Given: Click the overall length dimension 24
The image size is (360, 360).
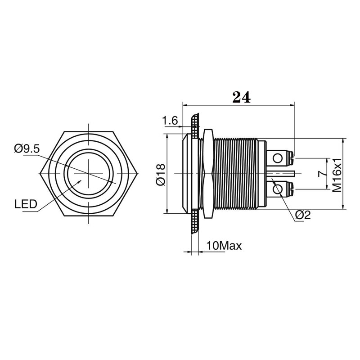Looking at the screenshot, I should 241,97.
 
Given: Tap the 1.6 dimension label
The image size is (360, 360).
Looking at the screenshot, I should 171,120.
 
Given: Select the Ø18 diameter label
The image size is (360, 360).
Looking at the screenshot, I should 161,174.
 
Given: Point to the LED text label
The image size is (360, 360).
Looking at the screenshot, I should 25,205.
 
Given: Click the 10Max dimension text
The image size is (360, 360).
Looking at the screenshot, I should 224,246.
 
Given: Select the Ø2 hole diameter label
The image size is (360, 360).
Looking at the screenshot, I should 303,216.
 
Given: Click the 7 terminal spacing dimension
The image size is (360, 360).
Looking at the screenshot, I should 320,174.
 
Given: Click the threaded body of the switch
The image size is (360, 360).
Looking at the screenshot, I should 234,174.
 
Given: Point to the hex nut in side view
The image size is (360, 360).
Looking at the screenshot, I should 207,174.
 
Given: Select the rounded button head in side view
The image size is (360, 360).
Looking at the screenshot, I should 185,174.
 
